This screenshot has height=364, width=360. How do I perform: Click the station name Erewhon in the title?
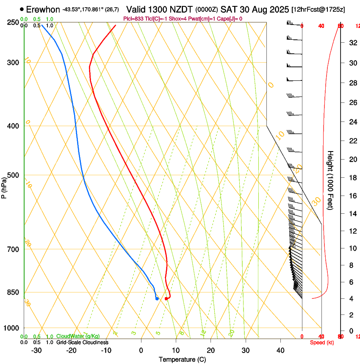pyautogui.click(x=43, y=9)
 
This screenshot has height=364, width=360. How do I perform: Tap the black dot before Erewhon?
pyautogui.click(x=22, y=9)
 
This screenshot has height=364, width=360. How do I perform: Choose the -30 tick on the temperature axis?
pyautogui.click(x=36, y=350)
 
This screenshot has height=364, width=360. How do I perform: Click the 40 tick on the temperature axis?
pyautogui.click(x=280, y=350)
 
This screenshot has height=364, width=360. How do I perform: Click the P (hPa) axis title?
pyautogui.click(x=4, y=186)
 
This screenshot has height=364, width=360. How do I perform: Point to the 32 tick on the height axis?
pyautogui.click(x=352, y=43)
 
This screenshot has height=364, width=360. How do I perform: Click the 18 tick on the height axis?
pyautogui.click(x=352, y=178)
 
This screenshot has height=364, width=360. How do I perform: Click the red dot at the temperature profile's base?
pyautogui.click(x=166, y=299)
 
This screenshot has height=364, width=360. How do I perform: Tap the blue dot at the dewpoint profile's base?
pyautogui.click(x=157, y=299)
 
